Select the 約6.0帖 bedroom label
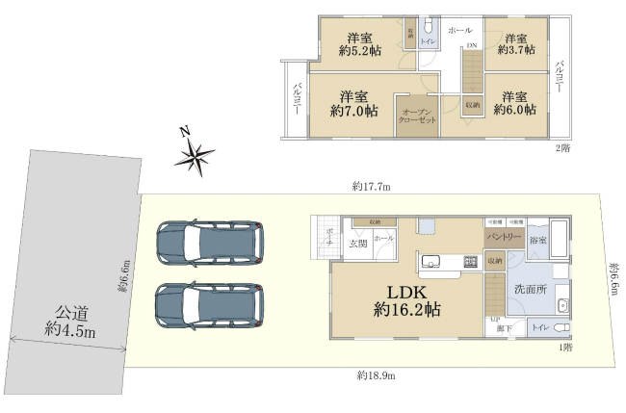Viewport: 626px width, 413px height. tap(512, 104)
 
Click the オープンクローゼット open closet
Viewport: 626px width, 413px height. tap(417, 117)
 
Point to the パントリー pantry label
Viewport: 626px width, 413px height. tap(504, 236)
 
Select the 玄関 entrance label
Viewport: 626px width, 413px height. tap(357, 244)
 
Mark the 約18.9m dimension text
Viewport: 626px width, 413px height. tap(376, 374)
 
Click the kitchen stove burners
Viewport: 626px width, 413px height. tap(471, 260)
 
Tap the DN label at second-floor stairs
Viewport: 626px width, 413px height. tap(472, 45)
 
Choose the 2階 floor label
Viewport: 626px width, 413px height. tap(561, 147)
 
